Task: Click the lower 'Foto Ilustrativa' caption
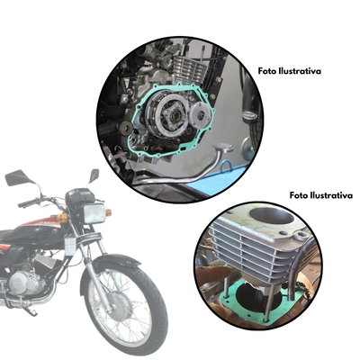(319, 195)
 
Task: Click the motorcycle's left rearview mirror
(17, 178)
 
